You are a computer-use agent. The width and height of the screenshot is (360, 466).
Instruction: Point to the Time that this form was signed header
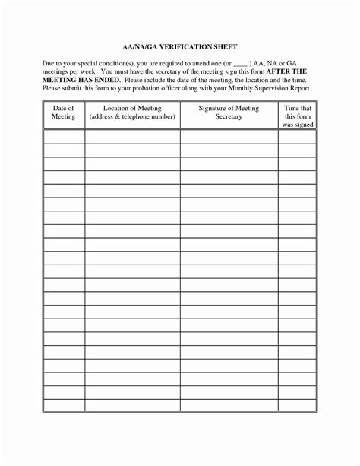tap(297, 117)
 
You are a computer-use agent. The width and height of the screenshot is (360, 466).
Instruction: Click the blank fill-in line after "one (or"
tap(239, 67)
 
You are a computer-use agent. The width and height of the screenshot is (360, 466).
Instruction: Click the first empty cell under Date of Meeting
tap(63, 137)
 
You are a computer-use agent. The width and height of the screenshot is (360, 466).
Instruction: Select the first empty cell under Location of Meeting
tap(132, 137)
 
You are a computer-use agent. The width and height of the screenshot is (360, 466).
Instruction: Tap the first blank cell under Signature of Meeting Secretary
tap(229, 137)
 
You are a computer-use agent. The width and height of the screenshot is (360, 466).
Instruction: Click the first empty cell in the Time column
tap(297, 137)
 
